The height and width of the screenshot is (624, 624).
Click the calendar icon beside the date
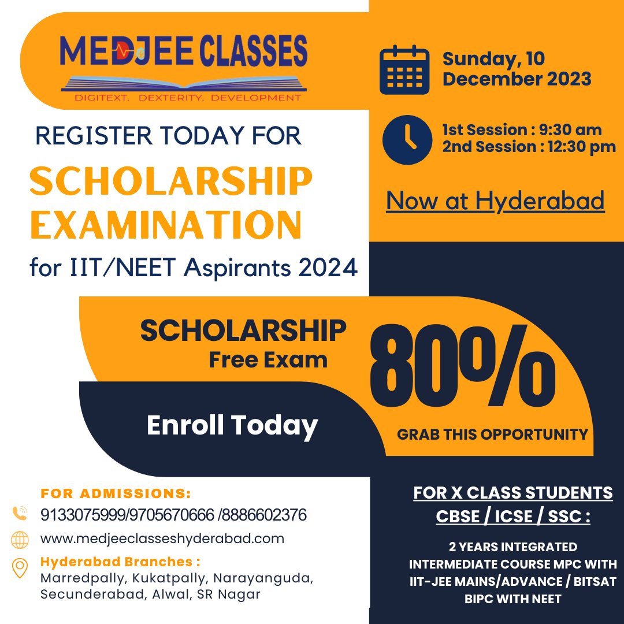click(x=404, y=71)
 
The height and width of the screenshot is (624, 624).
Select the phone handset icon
click(x=20, y=514)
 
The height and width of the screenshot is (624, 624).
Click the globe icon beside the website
click(x=20, y=539)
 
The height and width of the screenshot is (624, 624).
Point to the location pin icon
click(x=20, y=567)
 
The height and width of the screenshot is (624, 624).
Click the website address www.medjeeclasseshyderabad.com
click(x=162, y=539)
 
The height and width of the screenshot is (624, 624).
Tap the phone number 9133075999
click(x=73, y=514)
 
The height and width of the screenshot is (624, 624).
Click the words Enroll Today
click(x=232, y=425)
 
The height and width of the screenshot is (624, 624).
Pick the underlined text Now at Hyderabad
click(x=495, y=200)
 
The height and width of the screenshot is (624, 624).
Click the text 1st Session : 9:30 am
click(x=522, y=130)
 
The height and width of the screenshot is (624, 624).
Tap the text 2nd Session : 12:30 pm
click(x=529, y=147)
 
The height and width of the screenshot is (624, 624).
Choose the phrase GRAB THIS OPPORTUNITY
click(x=492, y=434)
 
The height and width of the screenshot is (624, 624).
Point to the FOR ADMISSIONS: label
click(x=116, y=494)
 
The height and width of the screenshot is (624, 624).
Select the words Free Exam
click(x=268, y=360)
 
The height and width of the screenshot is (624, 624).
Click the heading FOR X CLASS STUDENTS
click(x=513, y=493)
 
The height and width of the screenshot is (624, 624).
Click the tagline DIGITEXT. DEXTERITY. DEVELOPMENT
click(x=188, y=98)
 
